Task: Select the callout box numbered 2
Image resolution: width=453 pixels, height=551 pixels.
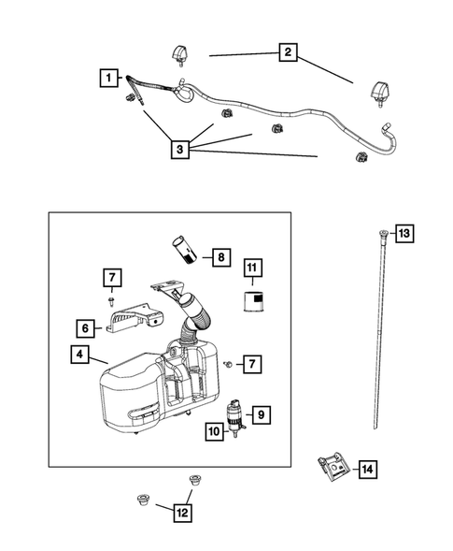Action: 289,53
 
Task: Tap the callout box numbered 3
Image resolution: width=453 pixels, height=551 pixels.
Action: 181,147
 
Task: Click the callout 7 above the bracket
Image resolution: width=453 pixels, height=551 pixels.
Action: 111,277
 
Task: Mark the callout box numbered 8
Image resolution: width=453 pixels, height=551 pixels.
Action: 219,255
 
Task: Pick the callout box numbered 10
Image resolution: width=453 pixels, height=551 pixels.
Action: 215,431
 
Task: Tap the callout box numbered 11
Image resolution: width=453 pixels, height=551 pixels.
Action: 251,269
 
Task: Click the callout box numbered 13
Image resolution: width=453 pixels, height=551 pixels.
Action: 403,233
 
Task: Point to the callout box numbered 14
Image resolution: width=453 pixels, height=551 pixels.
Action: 367,470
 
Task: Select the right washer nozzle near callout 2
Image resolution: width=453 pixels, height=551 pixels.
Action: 381,92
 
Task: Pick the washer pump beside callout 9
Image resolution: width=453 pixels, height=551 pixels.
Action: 236,414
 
